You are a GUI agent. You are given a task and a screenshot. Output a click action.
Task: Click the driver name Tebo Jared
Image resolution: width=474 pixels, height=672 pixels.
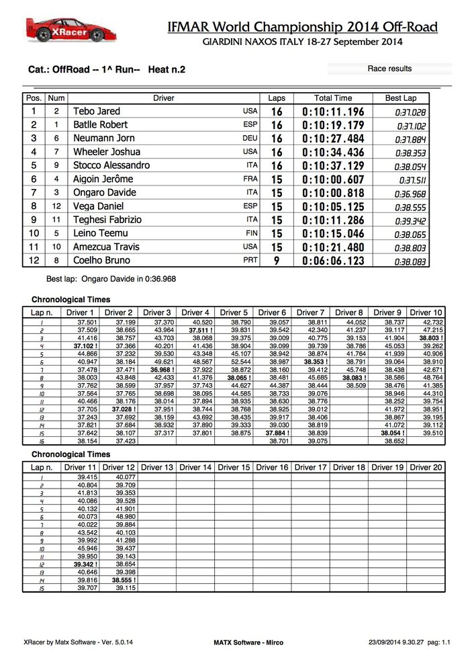coord(97,112)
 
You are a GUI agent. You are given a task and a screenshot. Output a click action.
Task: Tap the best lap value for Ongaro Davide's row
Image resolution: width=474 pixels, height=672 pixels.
coord(410,193)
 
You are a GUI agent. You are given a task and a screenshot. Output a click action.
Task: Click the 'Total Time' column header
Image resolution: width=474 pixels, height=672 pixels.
coord(333,98)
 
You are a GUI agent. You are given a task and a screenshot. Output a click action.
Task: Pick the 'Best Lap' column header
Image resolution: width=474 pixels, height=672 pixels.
coord(401,98)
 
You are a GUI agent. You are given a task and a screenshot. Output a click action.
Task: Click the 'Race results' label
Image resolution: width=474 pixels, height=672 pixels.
coord(389,69)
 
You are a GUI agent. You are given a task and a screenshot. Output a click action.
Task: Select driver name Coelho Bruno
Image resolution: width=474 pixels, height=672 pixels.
coord(101,261)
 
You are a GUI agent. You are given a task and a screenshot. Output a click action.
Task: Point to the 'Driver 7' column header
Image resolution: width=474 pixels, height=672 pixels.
coord(311,312)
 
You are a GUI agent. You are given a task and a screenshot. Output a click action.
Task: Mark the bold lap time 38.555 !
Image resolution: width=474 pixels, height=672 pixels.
coord(124,579)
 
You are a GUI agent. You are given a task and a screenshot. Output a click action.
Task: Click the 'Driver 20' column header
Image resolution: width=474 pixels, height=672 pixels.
coord(426,467)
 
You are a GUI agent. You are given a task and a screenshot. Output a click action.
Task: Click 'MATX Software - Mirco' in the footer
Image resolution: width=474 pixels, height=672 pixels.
coord(248,642)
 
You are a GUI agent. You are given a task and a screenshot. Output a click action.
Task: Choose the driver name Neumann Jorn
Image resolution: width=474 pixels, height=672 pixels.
coord(104,138)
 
